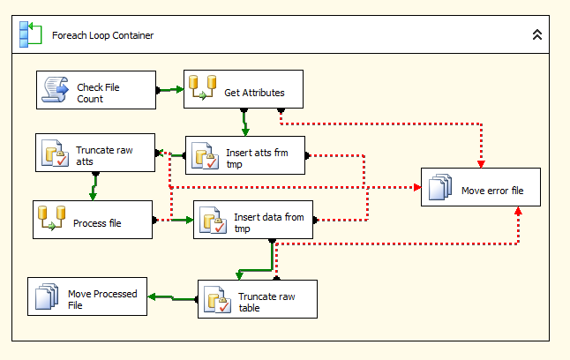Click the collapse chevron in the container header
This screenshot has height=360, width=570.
(536, 35)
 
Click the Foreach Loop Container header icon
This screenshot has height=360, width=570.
(30, 34)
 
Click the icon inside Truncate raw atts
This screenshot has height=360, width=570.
(55, 155)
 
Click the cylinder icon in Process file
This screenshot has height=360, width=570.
(52, 220)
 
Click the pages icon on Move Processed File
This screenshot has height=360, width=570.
(46, 297)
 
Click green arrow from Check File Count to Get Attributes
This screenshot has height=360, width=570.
(171, 89)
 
